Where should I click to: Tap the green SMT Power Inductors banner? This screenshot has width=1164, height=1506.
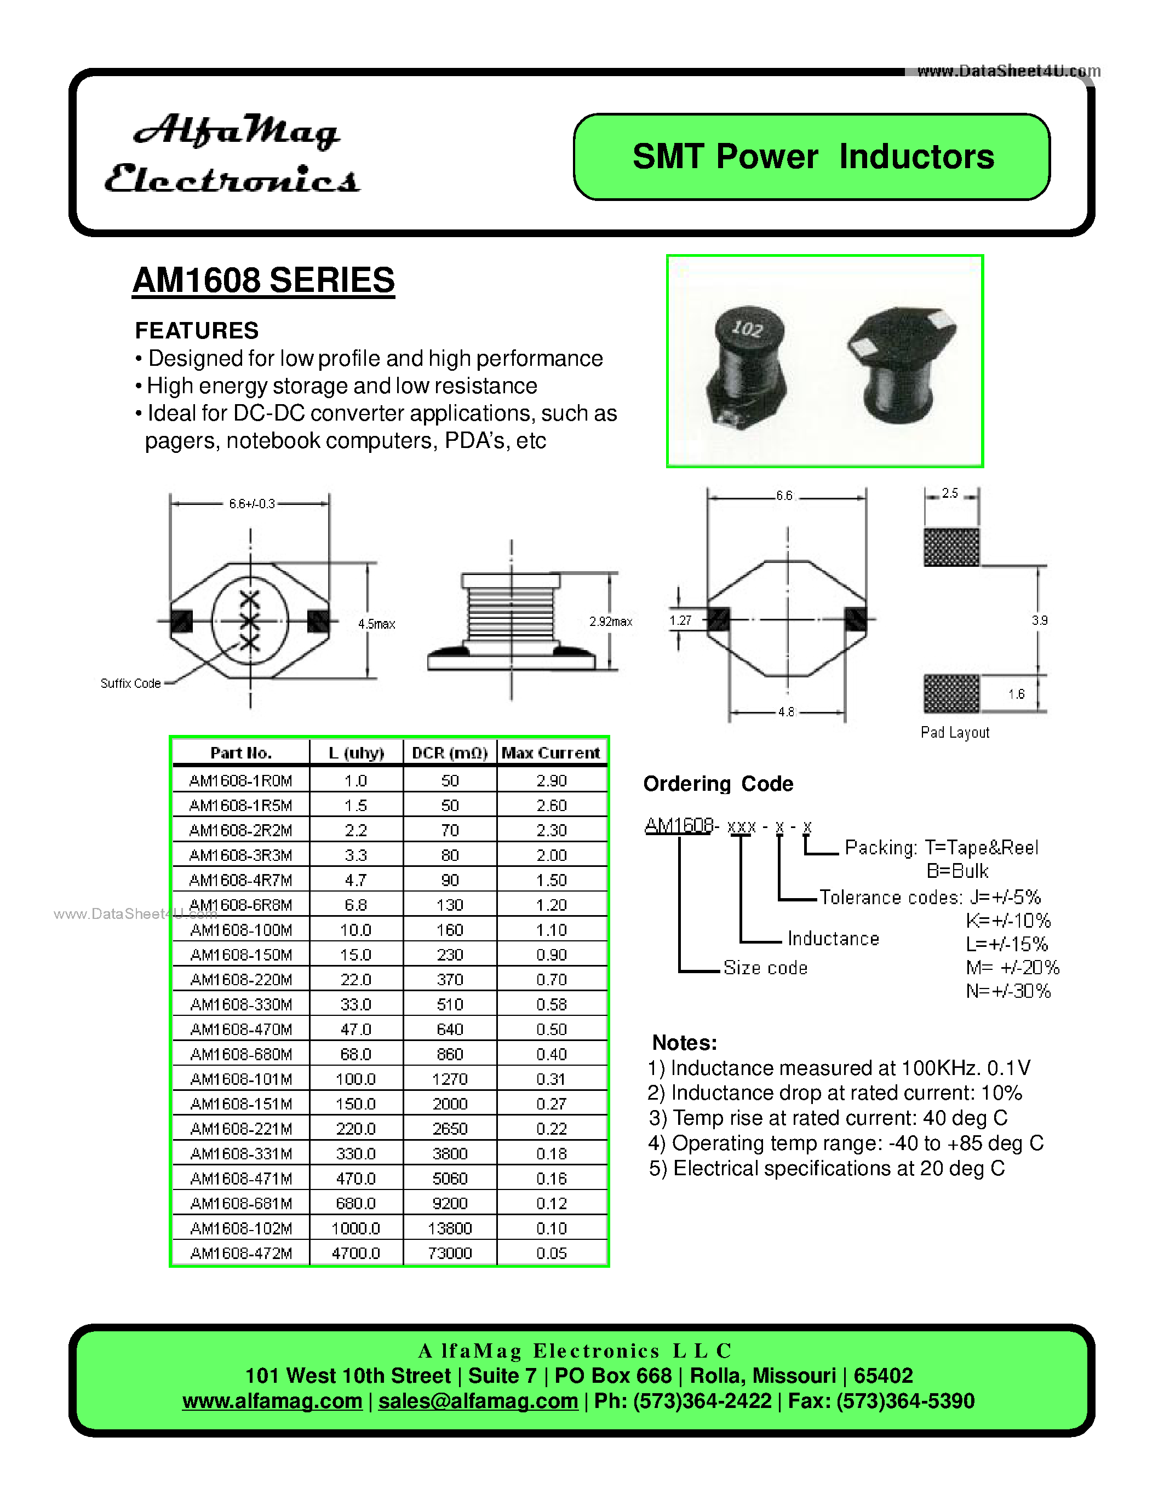click(812, 157)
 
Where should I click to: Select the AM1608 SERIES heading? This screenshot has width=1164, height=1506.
click(263, 280)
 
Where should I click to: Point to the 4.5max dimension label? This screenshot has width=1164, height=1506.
click(376, 624)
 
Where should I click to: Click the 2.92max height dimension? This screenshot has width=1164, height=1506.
click(610, 622)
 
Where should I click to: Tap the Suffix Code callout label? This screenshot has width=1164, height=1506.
click(130, 683)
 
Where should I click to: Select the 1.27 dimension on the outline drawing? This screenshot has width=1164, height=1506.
click(680, 620)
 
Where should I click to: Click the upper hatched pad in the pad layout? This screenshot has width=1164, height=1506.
click(951, 547)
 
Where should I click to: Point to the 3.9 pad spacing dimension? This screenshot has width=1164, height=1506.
click(1039, 620)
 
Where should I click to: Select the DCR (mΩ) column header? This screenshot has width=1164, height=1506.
click(450, 753)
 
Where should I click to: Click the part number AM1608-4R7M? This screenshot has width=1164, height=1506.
click(240, 880)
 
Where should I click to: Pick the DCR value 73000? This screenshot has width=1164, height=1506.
click(450, 1253)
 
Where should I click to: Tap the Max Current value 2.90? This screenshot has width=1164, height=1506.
click(552, 780)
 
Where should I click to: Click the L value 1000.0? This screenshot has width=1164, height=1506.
click(356, 1228)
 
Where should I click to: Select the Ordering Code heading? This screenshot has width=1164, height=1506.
click(718, 784)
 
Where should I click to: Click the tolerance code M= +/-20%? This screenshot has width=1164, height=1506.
click(1012, 968)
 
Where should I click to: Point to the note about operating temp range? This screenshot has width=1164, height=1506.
click(845, 1143)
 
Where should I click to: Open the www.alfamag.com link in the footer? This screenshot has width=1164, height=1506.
click(272, 1401)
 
